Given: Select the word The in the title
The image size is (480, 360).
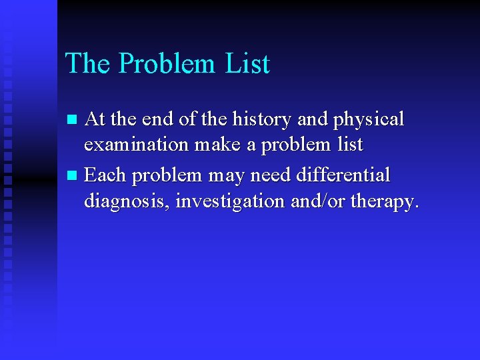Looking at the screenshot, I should pos(88,64).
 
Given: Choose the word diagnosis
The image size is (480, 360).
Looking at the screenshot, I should pos(127,201).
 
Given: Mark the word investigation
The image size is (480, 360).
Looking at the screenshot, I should pos(231,201).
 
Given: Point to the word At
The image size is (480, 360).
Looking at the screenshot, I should pos(96,120).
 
